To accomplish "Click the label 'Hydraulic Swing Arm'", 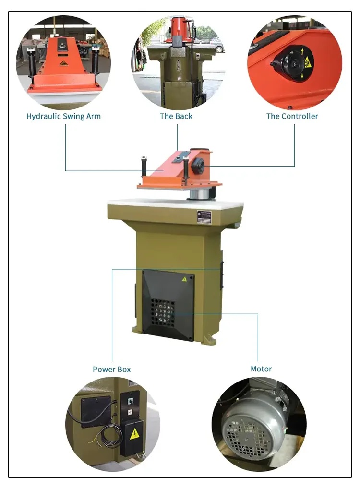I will [x=63, y=116].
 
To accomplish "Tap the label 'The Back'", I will [x=176, y=116].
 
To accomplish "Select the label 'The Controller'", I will [x=292, y=116].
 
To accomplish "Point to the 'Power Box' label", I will [x=111, y=369].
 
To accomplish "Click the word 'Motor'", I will [x=261, y=369].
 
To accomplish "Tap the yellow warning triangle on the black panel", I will [x=184, y=279].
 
